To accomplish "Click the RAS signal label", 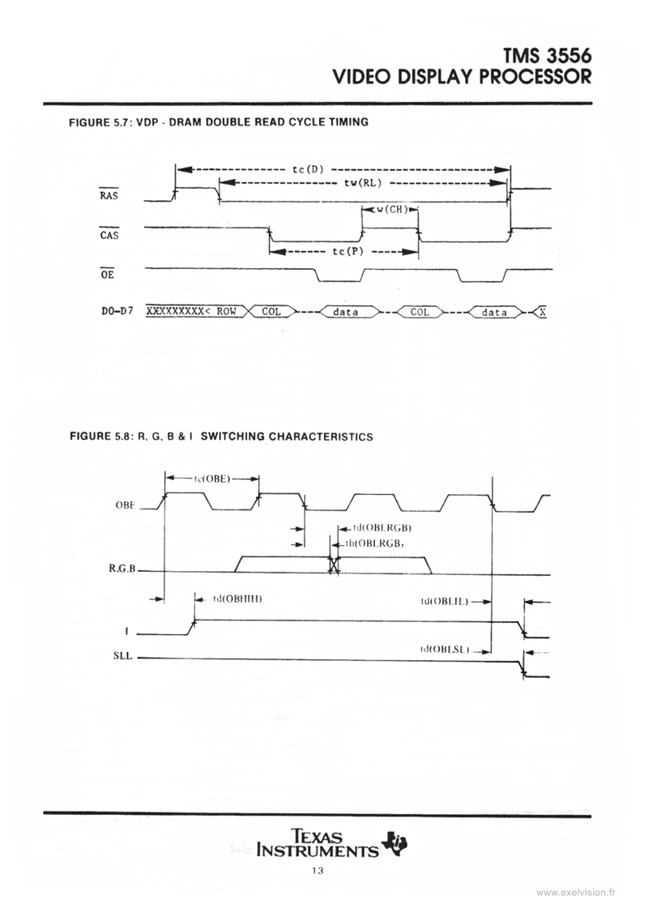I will click(x=108, y=195).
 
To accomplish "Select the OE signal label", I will click(x=106, y=275).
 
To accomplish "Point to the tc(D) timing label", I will click(x=307, y=169).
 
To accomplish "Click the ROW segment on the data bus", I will click(x=225, y=312).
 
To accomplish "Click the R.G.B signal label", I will click(x=121, y=569).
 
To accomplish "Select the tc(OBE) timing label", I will click(x=211, y=478).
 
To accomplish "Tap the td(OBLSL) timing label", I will click(x=445, y=650).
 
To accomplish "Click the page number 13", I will click(x=317, y=872).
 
